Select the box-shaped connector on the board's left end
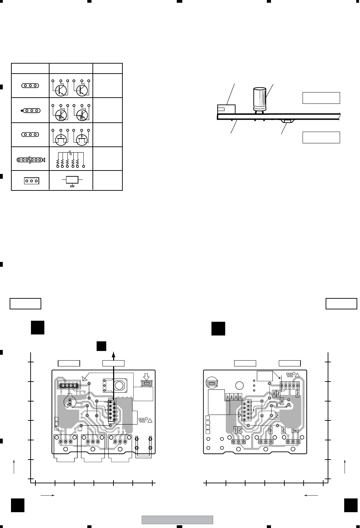226,109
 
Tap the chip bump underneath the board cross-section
286,121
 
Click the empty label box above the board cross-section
321,98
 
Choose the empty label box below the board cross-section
321,137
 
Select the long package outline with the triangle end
31,160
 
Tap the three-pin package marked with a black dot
31,111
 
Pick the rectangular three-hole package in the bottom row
31,180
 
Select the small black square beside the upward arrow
101,346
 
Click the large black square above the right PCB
218,328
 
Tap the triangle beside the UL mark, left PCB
150,420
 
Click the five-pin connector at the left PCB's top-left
68,385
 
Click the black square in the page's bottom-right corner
350,505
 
